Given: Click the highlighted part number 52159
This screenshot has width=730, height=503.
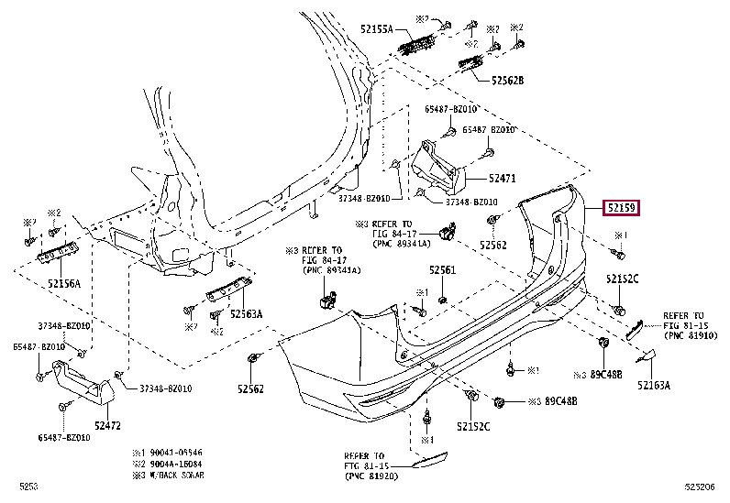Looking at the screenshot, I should click(x=620, y=208).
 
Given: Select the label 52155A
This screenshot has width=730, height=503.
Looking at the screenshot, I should click(x=374, y=29).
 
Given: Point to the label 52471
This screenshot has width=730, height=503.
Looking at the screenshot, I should click(x=502, y=180).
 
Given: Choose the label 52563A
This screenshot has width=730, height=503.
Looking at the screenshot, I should click(x=246, y=313).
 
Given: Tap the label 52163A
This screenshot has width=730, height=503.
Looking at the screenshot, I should click(x=653, y=386).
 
